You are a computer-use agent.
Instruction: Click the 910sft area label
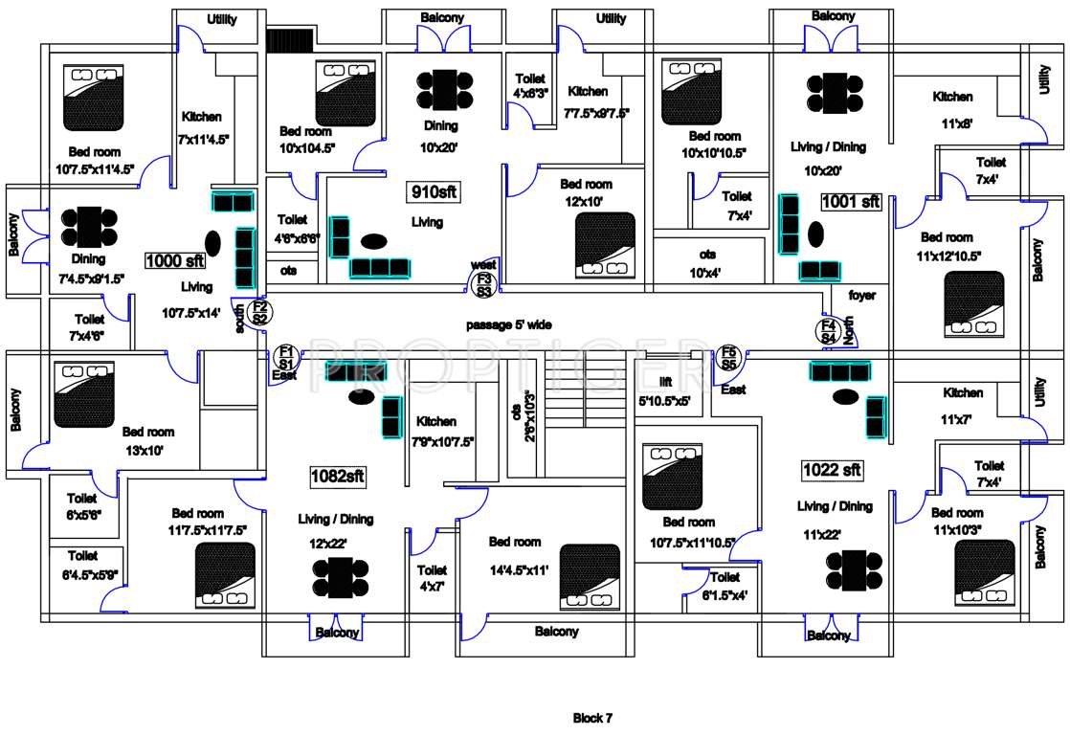pyautogui.click(x=434, y=191)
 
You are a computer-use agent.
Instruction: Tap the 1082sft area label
pyautogui.click(x=338, y=475)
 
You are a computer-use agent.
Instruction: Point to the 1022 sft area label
pyautogui.click(x=832, y=470)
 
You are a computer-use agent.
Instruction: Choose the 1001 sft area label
pyautogui.click(x=850, y=202)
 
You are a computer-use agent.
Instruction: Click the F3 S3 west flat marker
pyautogui.click(x=484, y=283)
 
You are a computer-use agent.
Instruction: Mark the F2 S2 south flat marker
pyautogui.click(x=257, y=312)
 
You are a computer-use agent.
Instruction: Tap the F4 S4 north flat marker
pyautogui.click(x=829, y=332)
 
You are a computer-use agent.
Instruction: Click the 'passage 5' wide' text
pyautogui.click(x=508, y=325)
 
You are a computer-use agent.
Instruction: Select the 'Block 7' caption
pyautogui.click(x=592, y=718)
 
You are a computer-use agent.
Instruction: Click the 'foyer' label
pyautogui.click(x=861, y=296)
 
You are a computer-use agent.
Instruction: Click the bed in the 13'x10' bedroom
pyautogui.click(x=83, y=394)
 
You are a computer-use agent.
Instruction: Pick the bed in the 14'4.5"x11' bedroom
pyautogui.click(x=589, y=576)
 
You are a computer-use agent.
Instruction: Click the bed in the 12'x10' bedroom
pyautogui.click(x=605, y=243)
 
